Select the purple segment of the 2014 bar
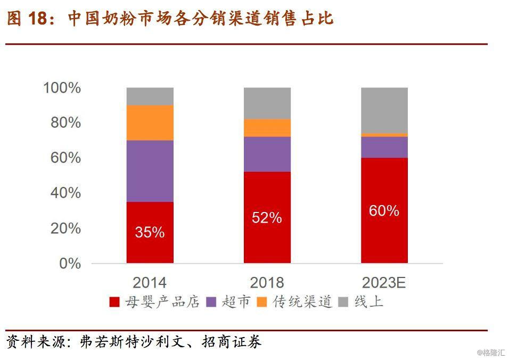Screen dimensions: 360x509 point(150,171)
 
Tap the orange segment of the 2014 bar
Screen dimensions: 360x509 point(150,122)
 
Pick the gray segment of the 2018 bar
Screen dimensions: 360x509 point(267,103)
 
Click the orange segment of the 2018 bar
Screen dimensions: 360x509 point(267,128)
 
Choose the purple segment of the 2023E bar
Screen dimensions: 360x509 point(384,148)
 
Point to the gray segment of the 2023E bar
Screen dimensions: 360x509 point(384,110)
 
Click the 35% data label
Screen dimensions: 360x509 point(150,232)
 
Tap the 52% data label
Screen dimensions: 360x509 point(267,217)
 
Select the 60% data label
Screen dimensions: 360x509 point(384,211)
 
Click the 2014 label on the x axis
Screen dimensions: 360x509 point(150,282)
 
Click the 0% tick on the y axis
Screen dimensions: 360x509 point(70,264)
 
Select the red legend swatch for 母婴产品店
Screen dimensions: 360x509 point(114,302)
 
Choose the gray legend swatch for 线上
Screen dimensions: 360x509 point(344,302)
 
